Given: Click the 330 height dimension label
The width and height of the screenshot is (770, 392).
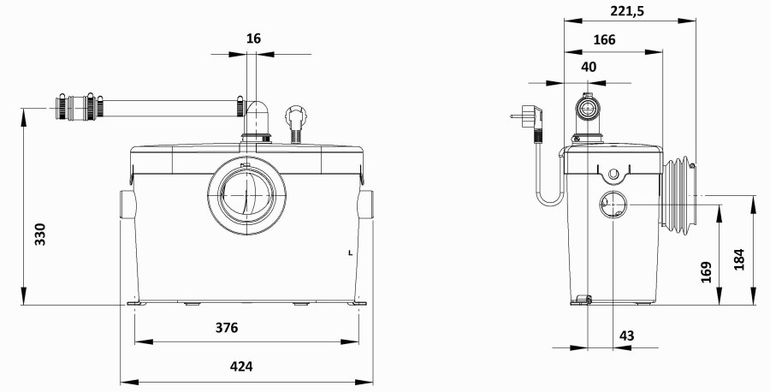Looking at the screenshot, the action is tap(40, 235).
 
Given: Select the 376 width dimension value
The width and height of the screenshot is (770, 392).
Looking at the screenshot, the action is tap(227, 328).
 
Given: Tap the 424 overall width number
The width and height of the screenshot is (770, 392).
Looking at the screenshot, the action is tap(241, 366).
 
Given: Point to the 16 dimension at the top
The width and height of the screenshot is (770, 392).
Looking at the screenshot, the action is tap(253, 39).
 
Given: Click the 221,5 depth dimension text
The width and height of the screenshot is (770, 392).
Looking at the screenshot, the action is tap(627, 11).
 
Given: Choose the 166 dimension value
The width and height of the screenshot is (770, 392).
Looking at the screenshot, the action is tap(604, 39).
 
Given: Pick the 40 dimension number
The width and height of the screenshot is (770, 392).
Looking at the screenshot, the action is tap(589, 67).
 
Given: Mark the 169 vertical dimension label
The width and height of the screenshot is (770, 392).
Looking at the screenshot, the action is tap(706, 272).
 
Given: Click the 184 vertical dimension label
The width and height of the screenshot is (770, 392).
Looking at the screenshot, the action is tap(739, 260).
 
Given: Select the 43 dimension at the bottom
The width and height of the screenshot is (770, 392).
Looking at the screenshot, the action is tap(626, 336).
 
